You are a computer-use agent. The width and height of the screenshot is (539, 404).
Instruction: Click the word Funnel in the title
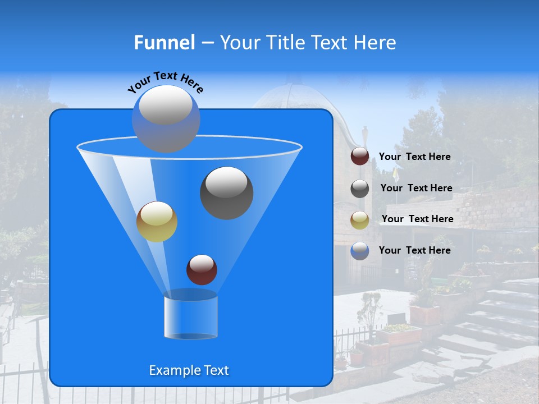(165, 43)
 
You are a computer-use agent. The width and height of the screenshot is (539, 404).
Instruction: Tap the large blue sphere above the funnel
(166, 120)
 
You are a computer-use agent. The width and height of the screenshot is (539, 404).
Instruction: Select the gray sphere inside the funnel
(226, 192)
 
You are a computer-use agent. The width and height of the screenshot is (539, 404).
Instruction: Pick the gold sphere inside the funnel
(157, 222)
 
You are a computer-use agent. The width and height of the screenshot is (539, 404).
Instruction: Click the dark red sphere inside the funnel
(202, 269)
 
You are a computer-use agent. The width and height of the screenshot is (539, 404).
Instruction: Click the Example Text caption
(189, 370)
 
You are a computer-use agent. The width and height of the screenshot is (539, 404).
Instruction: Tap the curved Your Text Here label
(165, 82)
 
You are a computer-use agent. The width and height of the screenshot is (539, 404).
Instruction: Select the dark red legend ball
(360, 157)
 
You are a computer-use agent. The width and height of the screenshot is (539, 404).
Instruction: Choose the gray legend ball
(360, 189)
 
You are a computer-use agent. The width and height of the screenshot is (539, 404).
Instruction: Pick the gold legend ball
(360, 219)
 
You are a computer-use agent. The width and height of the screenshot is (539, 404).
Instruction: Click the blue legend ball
(360, 251)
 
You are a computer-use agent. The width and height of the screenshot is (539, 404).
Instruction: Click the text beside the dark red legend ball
(414, 157)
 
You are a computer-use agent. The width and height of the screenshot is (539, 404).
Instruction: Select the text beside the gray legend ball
(416, 188)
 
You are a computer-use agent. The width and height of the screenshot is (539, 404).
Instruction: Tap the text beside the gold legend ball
(417, 219)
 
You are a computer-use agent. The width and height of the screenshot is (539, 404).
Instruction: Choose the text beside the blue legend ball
(414, 250)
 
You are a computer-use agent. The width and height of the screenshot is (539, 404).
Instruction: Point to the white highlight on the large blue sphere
(165, 105)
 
